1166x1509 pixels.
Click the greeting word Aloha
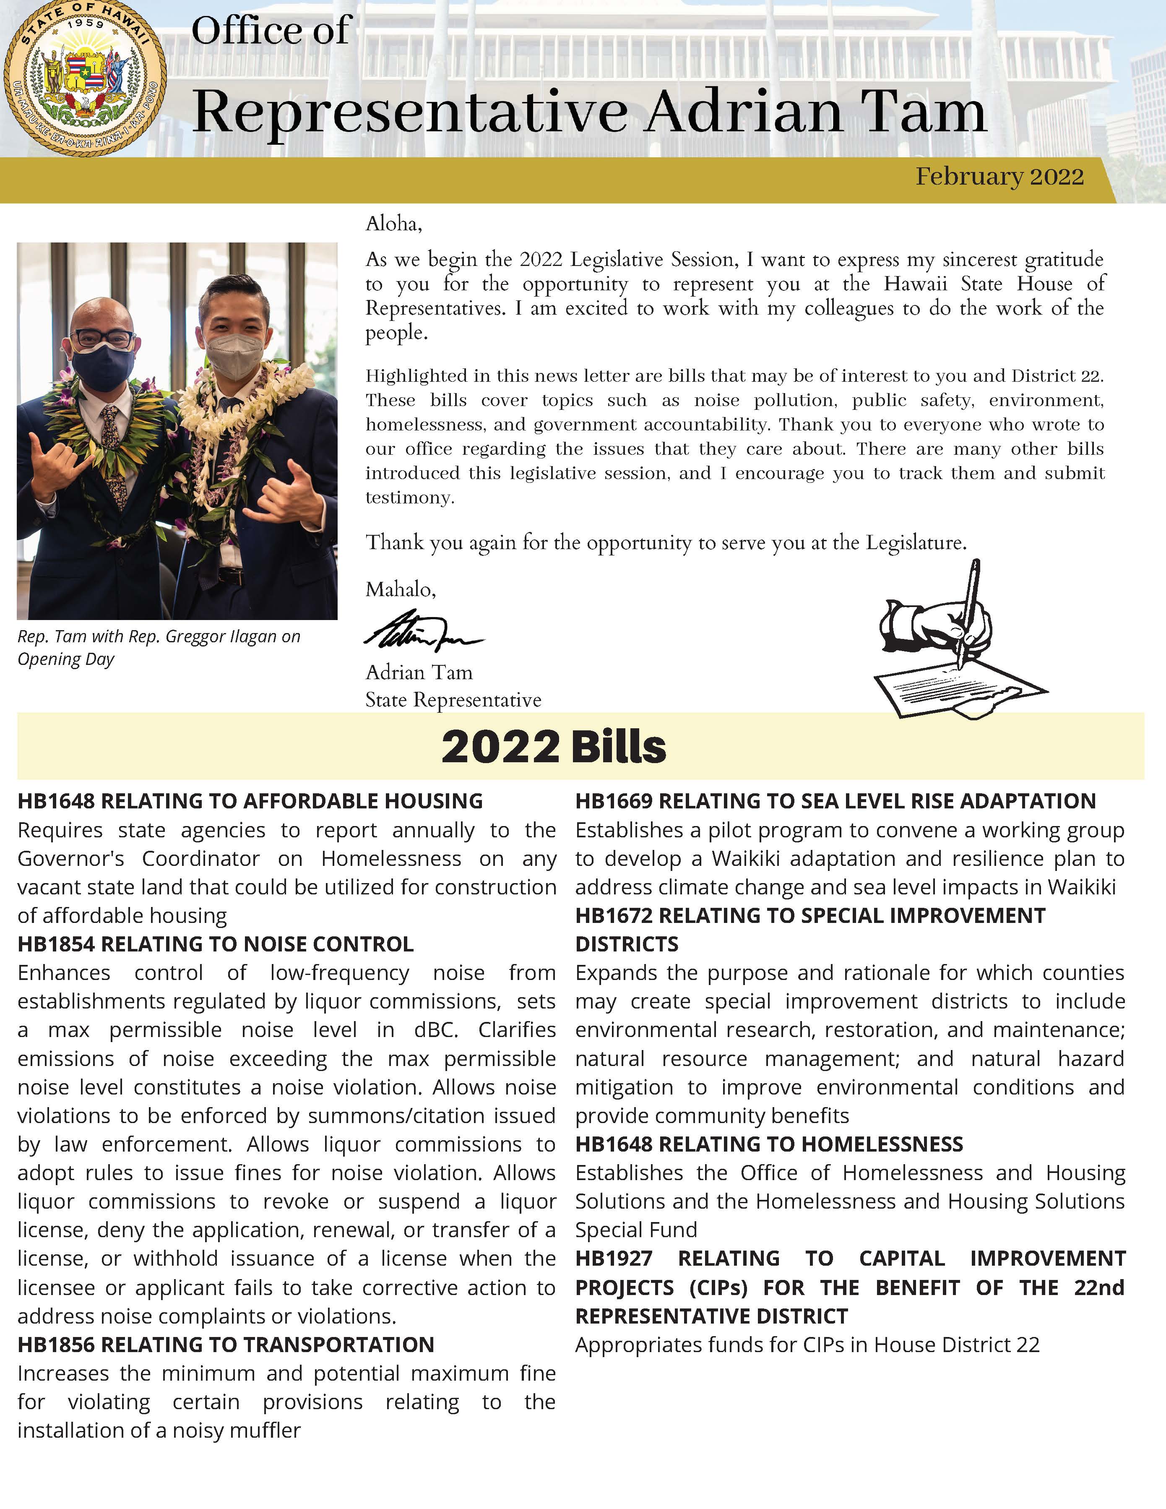pyautogui.click(x=392, y=224)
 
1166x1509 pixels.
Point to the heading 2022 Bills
pyautogui.click(x=553, y=747)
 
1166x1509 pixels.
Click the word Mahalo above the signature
pyautogui.click(x=399, y=589)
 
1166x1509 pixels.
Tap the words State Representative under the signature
pyautogui.click(x=453, y=700)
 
